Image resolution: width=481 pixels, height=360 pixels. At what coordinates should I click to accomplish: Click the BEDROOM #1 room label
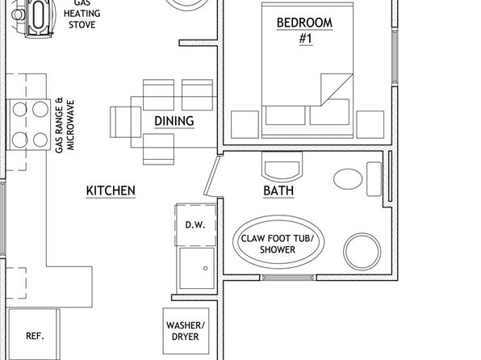coord(304,31)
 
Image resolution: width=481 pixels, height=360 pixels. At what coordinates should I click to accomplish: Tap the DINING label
coord(174,121)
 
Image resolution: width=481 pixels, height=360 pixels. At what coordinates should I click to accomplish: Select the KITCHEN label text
coord(111,190)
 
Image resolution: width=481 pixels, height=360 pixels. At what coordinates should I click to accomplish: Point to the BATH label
coord(278,190)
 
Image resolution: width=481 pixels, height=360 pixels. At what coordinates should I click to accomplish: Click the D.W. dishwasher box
coord(196,225)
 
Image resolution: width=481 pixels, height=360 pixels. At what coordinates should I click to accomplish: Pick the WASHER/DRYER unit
coord(186,331)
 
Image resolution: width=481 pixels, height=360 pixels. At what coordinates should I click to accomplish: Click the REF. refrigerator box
coord(34,334)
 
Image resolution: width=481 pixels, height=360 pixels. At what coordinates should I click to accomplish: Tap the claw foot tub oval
coord(278,242)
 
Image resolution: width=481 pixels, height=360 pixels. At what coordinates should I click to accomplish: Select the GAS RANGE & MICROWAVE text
coord(65,125)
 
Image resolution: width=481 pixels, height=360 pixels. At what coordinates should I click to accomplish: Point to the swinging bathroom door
coord(211,176)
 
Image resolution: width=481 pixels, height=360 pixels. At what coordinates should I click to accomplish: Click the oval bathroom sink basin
coord(348,178)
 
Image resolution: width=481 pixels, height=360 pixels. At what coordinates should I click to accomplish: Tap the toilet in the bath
coord(282,165)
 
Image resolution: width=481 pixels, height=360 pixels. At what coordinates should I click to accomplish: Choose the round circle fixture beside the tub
coord(362,251)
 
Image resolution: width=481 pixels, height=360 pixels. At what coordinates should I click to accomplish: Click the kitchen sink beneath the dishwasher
coord(197,268)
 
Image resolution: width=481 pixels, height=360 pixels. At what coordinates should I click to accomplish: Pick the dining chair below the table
coord(159,149)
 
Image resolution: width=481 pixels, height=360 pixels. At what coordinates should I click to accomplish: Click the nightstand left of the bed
coord(245,124)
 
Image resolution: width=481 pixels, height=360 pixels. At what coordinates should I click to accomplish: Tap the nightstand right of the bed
coord(370,124)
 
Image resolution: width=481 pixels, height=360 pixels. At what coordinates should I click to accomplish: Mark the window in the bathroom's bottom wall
coord(288,278)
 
